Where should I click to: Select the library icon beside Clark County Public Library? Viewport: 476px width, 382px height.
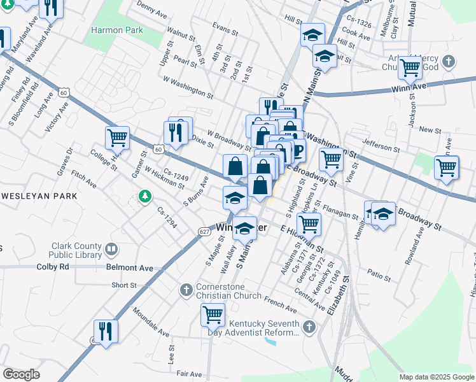[112, 249]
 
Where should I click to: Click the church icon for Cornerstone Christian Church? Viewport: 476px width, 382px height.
[186, 290]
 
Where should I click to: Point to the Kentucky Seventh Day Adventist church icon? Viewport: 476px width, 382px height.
[309, 327]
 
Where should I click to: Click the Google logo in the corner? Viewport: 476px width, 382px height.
[21, 374]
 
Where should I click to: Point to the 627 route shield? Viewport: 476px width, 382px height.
[204, 230]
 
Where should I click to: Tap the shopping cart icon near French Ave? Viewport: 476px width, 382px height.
[213, 314]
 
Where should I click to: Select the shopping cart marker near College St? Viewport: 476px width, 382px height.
[117, 136]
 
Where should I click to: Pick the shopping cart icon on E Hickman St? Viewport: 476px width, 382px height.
[309, 223]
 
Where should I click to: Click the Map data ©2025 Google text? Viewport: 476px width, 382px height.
[436, 377]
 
